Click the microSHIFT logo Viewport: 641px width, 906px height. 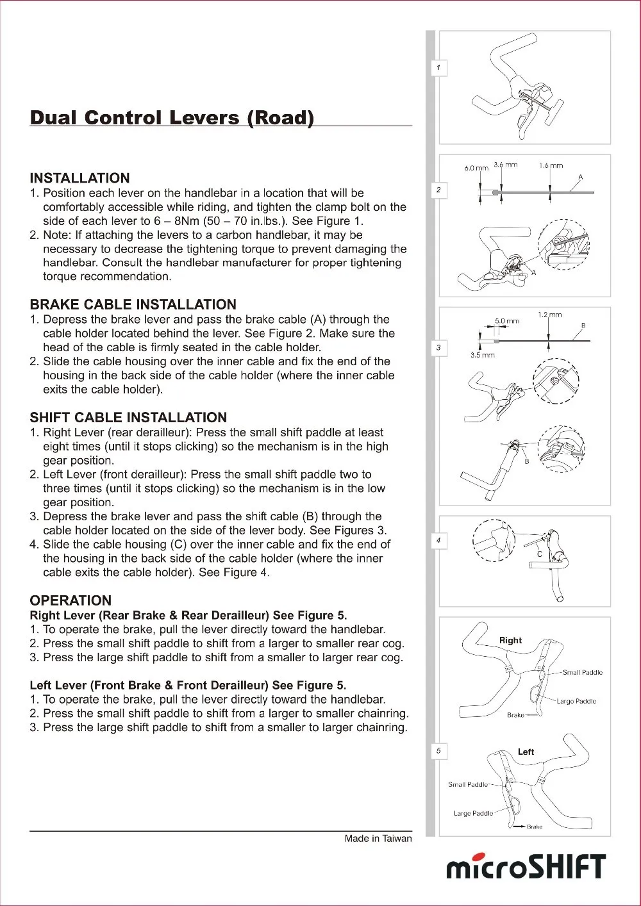(526, 867)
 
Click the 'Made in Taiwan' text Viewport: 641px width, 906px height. (378, 838)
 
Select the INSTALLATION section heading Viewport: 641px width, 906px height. (79, 178)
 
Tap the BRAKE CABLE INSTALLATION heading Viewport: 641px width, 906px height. (133, 304)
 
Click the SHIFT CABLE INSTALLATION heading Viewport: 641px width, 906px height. (128, 417)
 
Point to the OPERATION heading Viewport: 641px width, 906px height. (71, 600)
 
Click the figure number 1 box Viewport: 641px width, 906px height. (438, 67)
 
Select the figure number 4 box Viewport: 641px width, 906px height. (438, 540)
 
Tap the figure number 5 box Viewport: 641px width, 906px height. (438, 750)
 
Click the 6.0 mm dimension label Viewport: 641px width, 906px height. (476, 168)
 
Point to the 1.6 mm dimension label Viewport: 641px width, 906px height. (551, 165)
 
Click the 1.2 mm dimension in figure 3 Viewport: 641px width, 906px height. (549, 315)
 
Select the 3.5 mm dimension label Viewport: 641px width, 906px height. (482, 354)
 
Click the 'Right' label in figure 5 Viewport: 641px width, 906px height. (510, 640)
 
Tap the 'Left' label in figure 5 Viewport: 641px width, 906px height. (526, 752)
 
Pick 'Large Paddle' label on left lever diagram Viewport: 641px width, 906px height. (473, 813)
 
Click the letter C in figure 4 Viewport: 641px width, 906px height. (540, 554)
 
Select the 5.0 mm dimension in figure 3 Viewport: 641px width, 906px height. (507, 320)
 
